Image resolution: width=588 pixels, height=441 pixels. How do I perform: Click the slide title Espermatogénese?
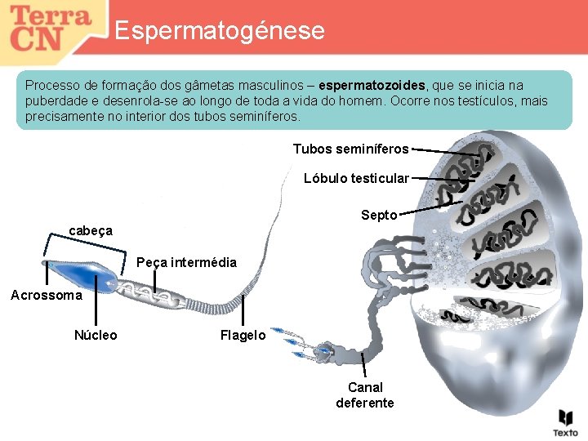coord(219,31)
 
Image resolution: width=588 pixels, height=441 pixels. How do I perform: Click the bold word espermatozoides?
coord(372,85)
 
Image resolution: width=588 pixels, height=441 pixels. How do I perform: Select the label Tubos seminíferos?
coord(350,149)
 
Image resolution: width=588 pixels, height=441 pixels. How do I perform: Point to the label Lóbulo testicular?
coord(356,178)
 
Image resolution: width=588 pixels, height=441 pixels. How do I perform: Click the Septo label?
coord(379,216)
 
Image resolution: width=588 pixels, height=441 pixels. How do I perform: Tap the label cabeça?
coord(91,231)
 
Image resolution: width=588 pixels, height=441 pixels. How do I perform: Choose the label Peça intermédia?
coord(186,262)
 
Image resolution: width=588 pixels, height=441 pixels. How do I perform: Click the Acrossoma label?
coord(46,295)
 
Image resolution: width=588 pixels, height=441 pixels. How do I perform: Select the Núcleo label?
coord(96,335)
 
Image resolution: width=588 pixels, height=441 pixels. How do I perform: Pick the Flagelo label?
coord(243,335)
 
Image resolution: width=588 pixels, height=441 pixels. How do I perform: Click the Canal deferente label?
coord(364,394)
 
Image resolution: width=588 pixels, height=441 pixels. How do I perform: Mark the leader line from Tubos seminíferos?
coord(445,151)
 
